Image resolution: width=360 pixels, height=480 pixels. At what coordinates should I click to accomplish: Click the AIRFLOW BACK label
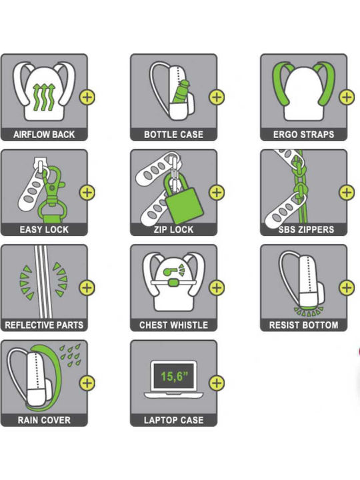(44, 135)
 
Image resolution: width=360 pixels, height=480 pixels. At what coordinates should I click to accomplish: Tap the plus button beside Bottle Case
(217, 97)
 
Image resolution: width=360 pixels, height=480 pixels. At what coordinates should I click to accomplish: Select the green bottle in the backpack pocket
(180, 92)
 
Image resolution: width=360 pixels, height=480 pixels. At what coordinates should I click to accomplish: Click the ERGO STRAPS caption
(303, 135)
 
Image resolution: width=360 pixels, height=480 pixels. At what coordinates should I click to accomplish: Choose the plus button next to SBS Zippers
(347, 192)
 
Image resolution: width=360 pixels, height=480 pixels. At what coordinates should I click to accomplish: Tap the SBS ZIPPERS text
(306, 229)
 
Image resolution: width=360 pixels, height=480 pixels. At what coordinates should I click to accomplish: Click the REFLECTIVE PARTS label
(44, 325)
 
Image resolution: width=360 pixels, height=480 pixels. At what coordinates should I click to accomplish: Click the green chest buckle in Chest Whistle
(173, 283)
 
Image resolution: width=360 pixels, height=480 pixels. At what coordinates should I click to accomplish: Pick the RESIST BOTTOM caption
(304, 325)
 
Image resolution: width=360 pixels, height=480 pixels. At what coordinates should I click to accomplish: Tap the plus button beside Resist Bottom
(347, 288)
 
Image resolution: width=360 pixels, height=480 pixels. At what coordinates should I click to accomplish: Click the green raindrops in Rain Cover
(70, 355)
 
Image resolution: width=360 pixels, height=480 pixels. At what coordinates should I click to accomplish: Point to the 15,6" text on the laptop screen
(174, 376)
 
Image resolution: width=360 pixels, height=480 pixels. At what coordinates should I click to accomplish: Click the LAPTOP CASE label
(173, 420)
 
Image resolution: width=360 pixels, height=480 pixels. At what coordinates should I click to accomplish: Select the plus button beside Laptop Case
(217, 383)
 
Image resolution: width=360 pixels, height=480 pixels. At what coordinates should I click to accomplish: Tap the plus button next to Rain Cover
(87, 383)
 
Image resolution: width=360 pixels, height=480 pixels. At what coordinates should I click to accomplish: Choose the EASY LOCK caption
(44, 229)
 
